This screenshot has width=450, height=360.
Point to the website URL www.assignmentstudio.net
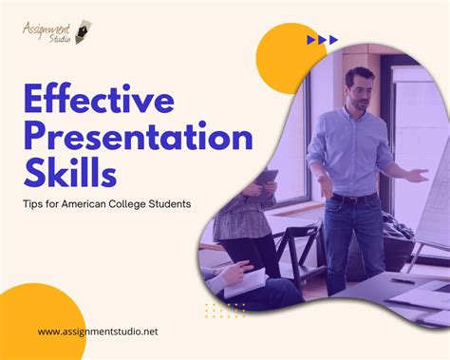pos(98,332)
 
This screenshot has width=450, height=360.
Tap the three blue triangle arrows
pos(323,40)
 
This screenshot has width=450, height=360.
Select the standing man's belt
pos(355,198)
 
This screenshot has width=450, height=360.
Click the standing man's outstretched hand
pos(419,175)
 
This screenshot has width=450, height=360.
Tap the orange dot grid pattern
pos(225,310)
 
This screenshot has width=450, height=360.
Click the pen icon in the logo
pos(86,27)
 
